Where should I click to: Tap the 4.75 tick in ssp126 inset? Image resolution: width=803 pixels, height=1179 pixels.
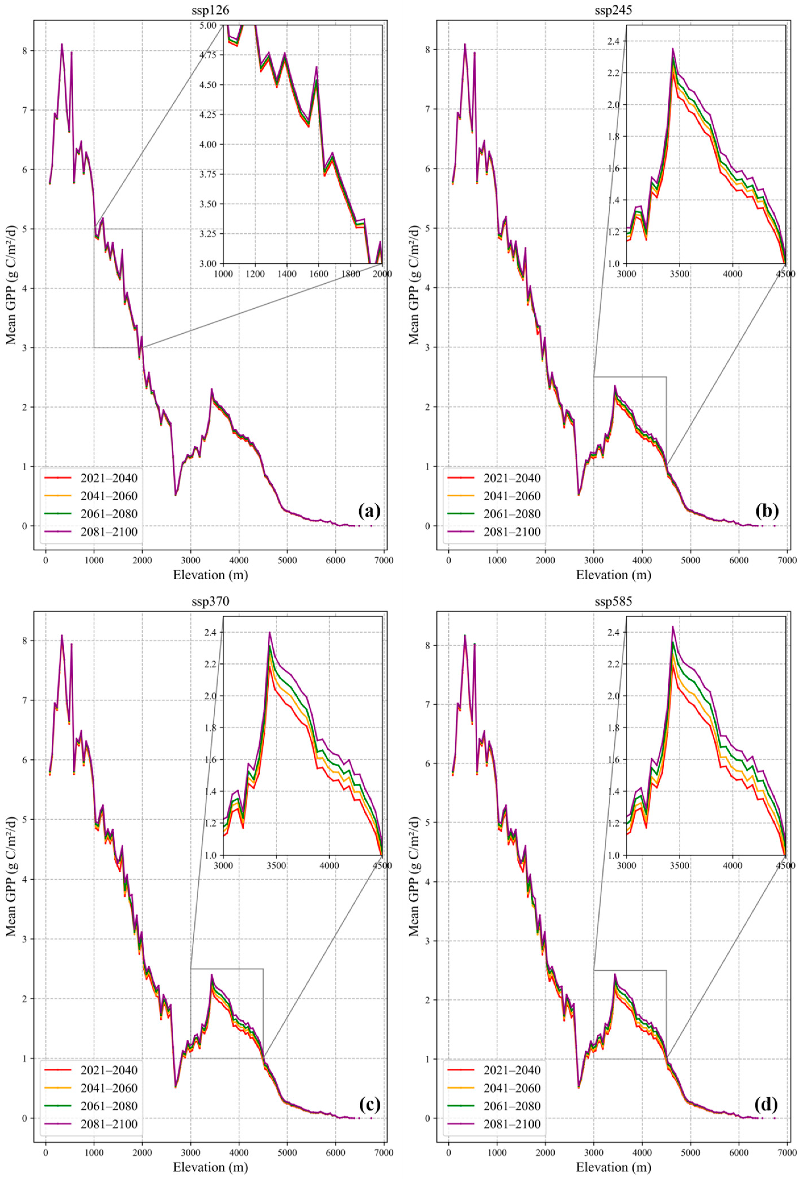coord(209,55)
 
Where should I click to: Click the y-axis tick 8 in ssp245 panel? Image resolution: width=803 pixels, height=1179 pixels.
coord(434,50)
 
